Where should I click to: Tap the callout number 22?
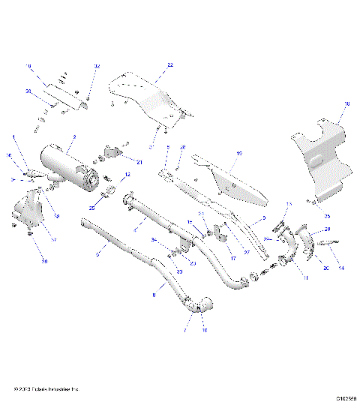(169, 66)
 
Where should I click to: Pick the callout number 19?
(239, 153)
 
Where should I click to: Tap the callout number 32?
(97, 67)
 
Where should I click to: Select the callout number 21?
(139, 160)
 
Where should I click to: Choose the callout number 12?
(127, 175)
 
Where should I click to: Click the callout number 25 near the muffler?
(93, 206)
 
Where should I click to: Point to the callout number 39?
(24, 262)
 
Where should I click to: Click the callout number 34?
(153, 240)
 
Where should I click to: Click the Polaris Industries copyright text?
(46, 388)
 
